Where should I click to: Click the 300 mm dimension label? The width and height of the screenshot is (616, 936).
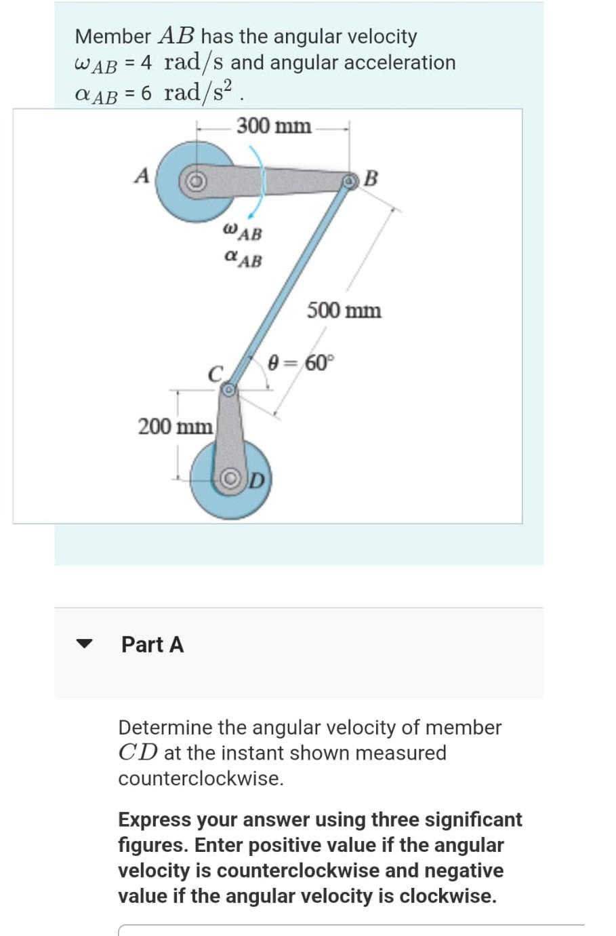(274, 126)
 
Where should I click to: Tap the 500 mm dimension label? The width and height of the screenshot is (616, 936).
(344, 311)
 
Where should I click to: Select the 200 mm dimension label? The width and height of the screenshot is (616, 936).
(175, 427)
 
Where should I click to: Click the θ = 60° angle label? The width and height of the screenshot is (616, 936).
(302, 363)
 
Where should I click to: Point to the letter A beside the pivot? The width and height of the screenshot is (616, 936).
(142, 176)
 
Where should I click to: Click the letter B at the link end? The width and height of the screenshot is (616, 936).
(371, 178)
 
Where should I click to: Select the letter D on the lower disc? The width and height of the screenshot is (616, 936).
(257, 480)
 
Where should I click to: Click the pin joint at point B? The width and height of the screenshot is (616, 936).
(349, 181)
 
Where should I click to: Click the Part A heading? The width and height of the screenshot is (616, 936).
(152, 644)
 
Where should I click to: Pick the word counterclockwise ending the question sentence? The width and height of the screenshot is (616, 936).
(201, 779)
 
